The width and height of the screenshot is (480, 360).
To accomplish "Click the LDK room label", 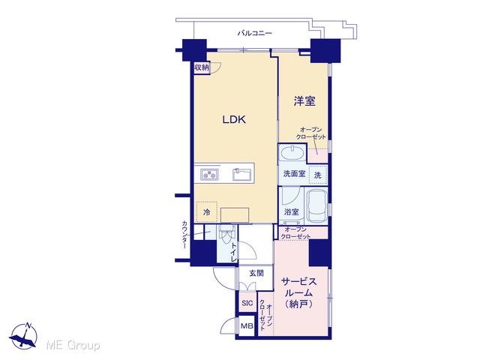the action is [x=234, y=119].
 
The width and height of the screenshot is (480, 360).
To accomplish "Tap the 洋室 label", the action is [x=304, y=100].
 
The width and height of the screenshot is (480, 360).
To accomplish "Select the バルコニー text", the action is [x=255, y=33].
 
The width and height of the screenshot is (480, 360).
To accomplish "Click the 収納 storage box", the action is [x=202, y=67].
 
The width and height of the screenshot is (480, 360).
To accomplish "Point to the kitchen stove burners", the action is [x=209, y=174].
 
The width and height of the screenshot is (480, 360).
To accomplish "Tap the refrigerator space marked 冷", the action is [x=207, y=211].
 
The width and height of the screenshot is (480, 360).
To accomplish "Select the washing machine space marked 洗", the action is [x=318, y=175].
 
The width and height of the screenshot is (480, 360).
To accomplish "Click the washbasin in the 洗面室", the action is [x=292, y=152].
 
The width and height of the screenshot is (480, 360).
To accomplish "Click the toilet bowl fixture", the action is [x=226, y=235].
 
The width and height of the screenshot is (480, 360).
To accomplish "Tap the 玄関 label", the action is [x=256, y=273].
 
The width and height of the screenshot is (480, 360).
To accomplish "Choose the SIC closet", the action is [x=247, y=303].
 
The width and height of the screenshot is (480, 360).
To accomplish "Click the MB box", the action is [x=247, y=326].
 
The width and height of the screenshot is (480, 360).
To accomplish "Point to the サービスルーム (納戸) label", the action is [x=298, y=292].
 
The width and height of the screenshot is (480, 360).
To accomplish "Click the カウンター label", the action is [x=184, y=234].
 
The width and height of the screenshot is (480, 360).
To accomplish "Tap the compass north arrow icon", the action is [x=23, y=335].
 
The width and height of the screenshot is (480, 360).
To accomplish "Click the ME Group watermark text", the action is [x=73, y=345].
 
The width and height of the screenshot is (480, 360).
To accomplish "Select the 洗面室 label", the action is [x=294, y=174].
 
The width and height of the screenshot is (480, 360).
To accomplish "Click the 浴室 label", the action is [x=291, y=211].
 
